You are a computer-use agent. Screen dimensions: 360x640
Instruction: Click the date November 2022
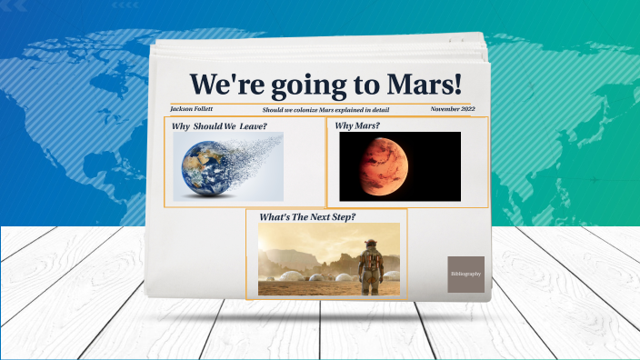pyautogui.click(x=453, y=109)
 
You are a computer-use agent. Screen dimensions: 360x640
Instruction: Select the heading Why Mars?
pyautogui.click(x=357, y=125)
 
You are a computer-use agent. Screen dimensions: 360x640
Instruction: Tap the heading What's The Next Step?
pyautogui.click(x=307, y=217)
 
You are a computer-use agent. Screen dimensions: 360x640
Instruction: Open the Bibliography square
pyautogui.click(x=465, y=274)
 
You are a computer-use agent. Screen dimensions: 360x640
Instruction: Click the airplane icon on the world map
pyautogui.click(x=595, y=179)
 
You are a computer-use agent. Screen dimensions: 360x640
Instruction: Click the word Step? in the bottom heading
pyautogui.click(x=340, y=217)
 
